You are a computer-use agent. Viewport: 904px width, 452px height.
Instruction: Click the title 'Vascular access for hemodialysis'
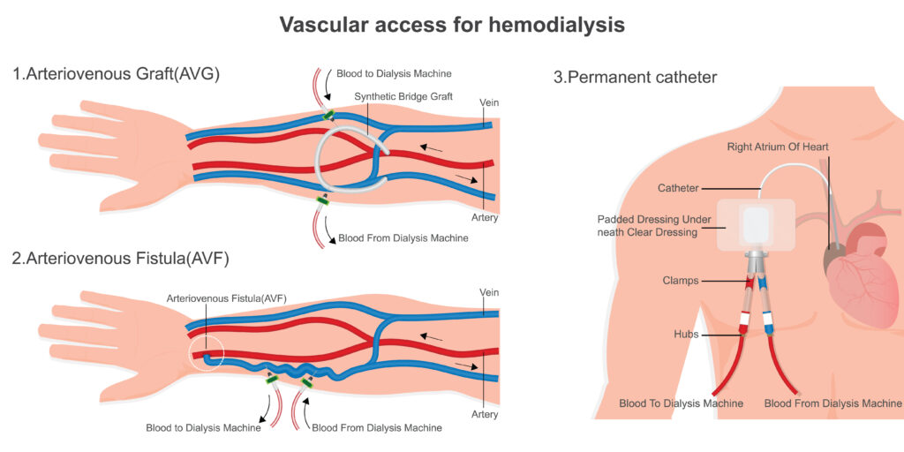(x=452, y=24)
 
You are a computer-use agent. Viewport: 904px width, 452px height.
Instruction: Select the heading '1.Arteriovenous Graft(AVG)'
(x=116, y=74)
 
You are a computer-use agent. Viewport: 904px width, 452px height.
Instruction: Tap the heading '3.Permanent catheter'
(x=635, y=77)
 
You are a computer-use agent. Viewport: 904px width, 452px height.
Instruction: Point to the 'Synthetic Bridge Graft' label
(x=403, y=96)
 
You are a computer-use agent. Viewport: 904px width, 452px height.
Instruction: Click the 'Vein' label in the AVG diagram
(x=489, y=102)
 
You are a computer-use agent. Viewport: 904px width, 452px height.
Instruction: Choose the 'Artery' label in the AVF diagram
(x=485, y=414)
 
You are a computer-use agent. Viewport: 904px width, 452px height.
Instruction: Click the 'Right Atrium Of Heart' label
(x=778, y=146)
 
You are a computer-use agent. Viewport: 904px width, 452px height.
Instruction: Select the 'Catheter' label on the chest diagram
(x=678, y=188)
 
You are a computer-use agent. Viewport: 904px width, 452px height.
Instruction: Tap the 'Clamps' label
(x=681, y=281)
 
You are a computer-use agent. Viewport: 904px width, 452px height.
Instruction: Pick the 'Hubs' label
(x=685, y=335)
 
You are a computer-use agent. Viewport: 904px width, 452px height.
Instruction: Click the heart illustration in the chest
(x=861, y=274)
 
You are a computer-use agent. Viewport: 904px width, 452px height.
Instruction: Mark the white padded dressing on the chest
(x=754, y=224)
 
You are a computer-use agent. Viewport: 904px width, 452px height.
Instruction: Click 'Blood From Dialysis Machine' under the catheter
(x=832, y=403)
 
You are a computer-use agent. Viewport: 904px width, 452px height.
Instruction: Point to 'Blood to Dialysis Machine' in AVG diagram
(x=388, y=73)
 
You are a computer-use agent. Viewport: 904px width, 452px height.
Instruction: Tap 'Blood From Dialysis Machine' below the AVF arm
(x=377, y=428)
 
